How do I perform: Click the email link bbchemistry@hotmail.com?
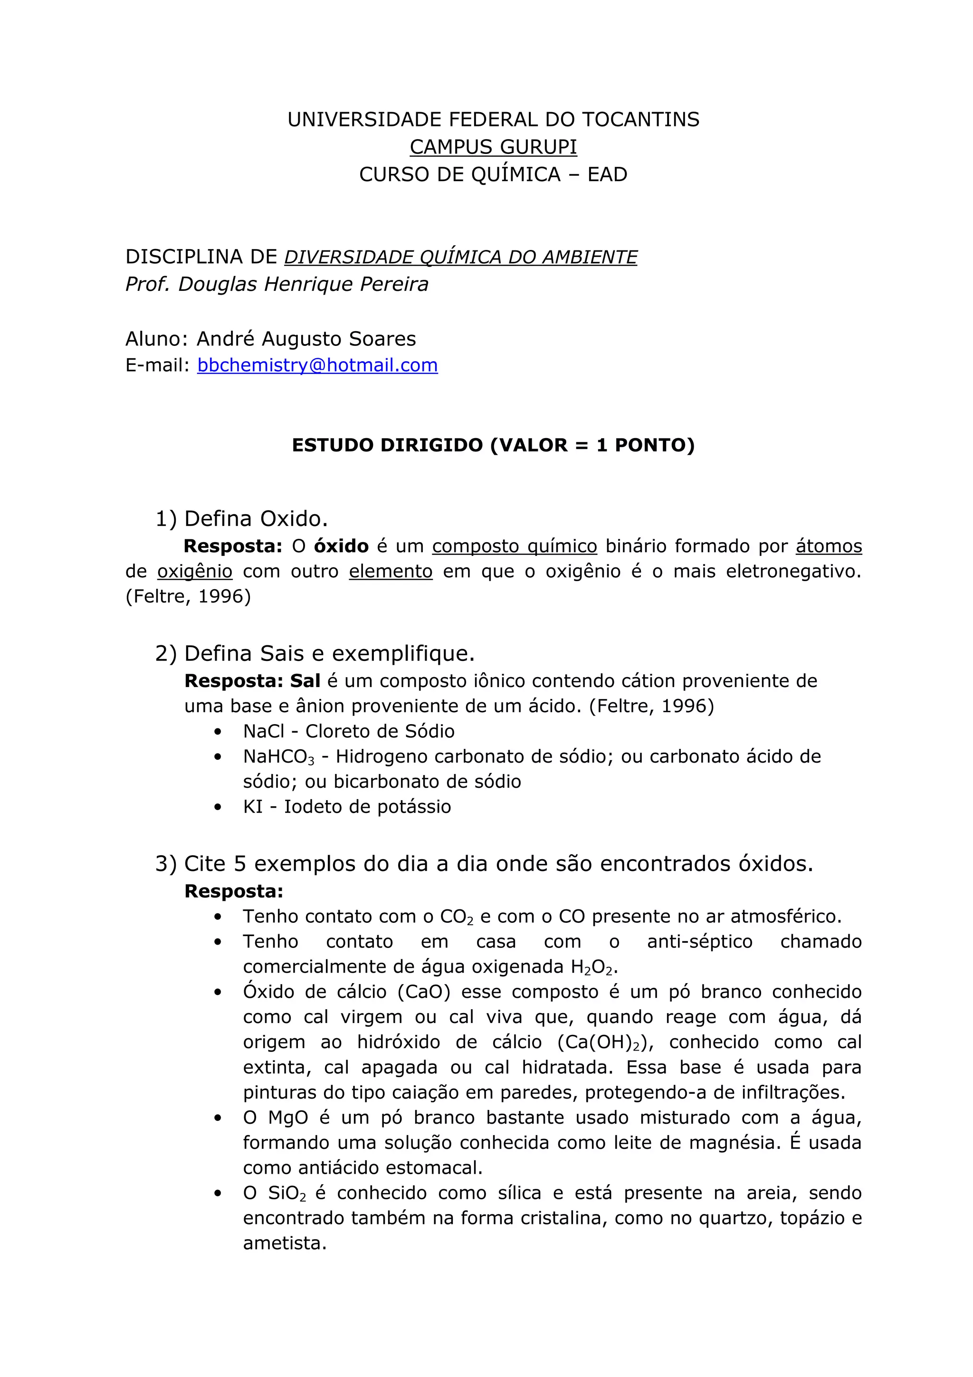pos(317,365)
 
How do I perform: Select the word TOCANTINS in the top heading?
pos(640,119)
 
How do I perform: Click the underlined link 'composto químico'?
pos(515,546)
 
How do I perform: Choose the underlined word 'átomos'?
pos(829,546)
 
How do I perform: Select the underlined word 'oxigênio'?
pos(195,572)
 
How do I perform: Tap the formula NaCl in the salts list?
pos(264,731)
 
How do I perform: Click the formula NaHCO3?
pos(278,757)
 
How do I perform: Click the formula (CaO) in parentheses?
pos(424,992)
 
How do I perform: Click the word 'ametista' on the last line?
pos(284,1243)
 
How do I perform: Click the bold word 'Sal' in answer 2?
pos(305,681)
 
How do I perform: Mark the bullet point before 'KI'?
pos(218,807)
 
